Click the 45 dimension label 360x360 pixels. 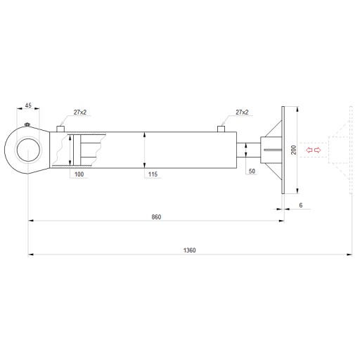click(x=28, y=105)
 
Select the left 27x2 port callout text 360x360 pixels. click(x=80, y=112)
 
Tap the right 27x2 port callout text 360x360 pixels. click(x=242, y=112)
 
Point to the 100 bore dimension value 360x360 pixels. click(x=79, y=174)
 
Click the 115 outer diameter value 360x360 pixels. click(x=153, y=174)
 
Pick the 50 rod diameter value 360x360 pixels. click(x=252, y=171)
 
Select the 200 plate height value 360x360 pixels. click(x=293, y=150)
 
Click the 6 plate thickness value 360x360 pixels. click(x=301, y=205)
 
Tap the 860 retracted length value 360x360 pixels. click(x=156, y=217)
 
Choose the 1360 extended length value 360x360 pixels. click(x=189, y=250)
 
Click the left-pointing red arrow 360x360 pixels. click(x=309, y=150)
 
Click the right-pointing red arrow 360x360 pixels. click(x=317, y=150)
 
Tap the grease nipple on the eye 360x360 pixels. click(x=27, y=124)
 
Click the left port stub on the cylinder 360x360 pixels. click(x=60, y=129)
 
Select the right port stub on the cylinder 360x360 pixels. click(x=221, y=129)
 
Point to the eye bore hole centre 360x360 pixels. click(x=28, y=150)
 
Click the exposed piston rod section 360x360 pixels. click(x=248, y=150)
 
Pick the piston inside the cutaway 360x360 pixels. click(x=77, y=150)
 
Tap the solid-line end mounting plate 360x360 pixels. click(x=283, y=150)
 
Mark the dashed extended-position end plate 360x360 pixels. click(x=351, y=150)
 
